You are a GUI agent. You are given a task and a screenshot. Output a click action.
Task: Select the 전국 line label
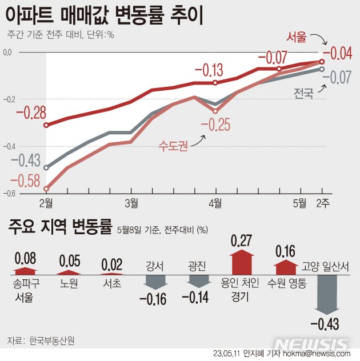303,94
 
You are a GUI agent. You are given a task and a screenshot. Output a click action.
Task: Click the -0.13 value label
209,71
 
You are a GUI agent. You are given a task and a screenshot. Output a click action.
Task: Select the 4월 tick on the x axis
215,202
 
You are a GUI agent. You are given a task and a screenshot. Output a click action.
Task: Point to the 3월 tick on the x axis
131,202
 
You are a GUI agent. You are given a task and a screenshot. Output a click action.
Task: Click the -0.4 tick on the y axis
7,146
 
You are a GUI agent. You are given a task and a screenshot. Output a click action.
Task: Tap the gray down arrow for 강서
155,282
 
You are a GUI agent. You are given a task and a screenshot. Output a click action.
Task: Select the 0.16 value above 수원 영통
286,251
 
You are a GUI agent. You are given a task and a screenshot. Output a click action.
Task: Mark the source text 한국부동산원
51,341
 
